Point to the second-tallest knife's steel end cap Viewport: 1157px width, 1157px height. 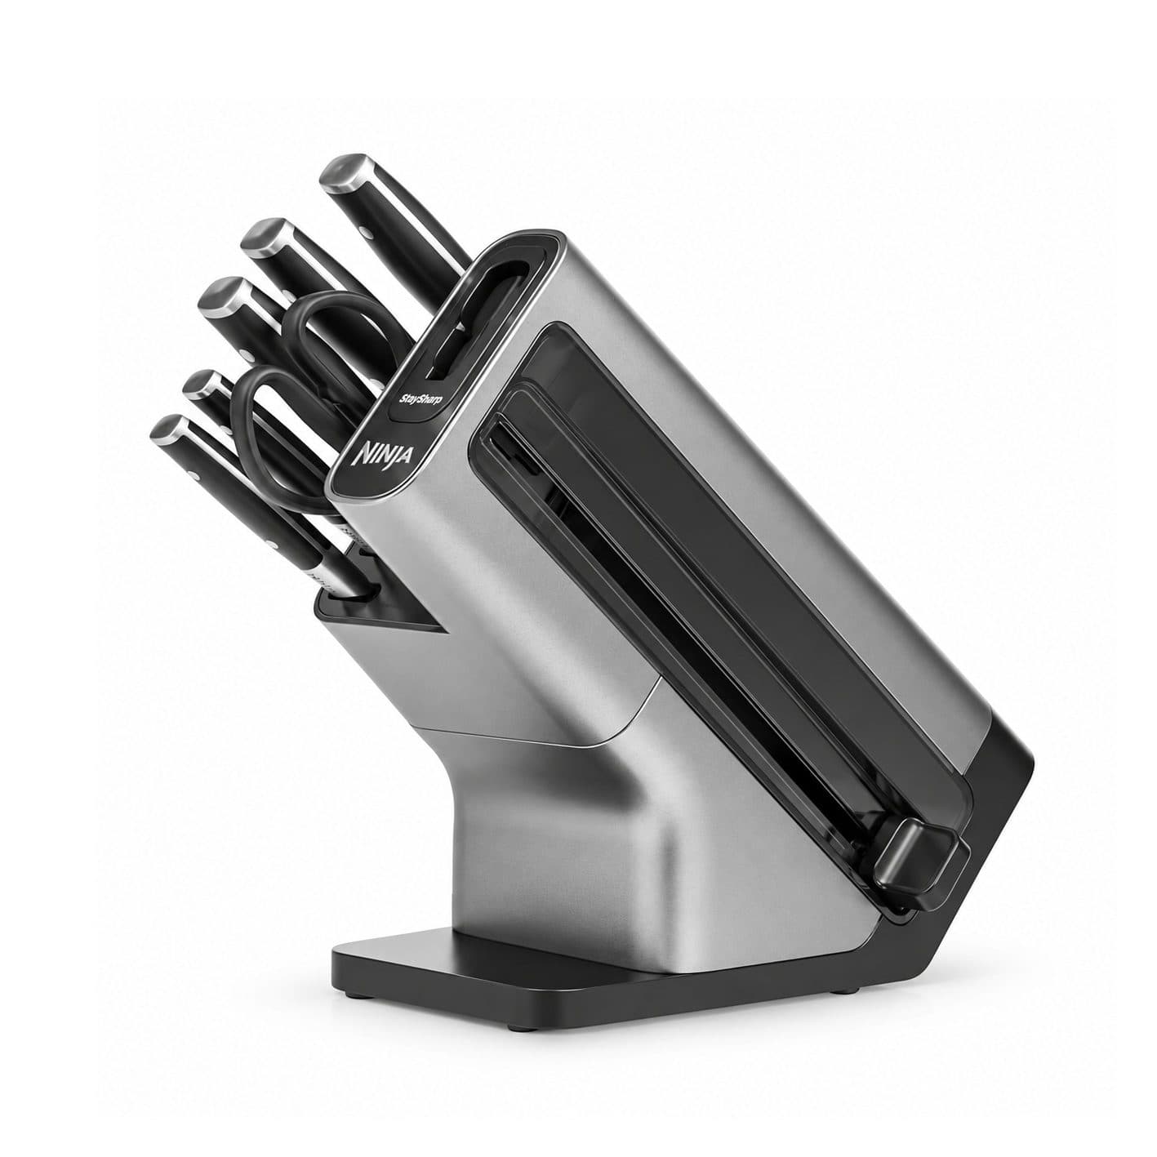[266, 237]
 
